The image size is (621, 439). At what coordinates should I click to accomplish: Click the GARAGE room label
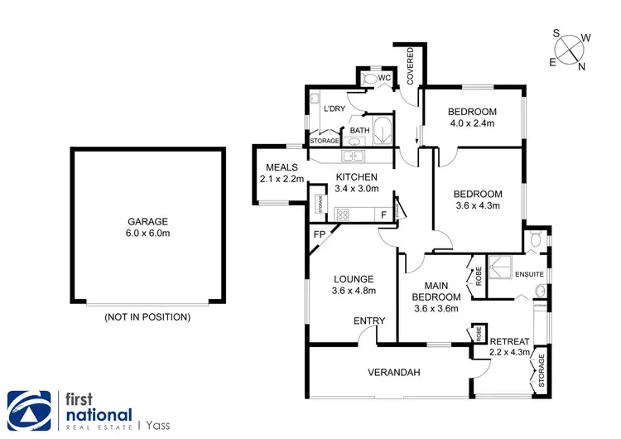(147, 221)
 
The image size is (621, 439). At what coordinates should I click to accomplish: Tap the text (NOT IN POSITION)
(147, 316)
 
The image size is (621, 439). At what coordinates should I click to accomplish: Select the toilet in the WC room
(383, 80)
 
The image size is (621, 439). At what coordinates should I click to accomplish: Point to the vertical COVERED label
(409, 65)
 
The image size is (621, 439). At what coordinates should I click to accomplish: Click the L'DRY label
(335, 109)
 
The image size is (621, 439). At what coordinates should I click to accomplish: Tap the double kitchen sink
(354, 155)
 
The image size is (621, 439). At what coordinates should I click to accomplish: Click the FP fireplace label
(319, 234)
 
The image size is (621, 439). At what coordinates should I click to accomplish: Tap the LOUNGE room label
(354, 279)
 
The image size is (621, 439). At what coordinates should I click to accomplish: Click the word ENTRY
(368, 321)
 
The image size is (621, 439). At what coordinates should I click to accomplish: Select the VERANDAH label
(394, 373)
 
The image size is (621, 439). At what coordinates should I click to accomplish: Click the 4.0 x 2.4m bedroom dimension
(471, 123)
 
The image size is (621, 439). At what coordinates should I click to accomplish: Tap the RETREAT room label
(509, 341)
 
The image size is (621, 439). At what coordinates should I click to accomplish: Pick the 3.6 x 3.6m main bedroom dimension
(436, 310)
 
